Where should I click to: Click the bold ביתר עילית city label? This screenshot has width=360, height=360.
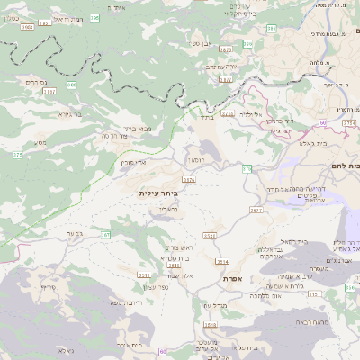pyautogui.click(x=158, y=193)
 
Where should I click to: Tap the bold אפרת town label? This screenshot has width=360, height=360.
pyautogui.click(x=236, y=279)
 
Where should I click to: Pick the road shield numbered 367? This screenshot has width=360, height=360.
pyautogui.click(x=105, y=235)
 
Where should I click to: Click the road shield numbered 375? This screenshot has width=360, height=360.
pyautogui.click(x=17, y=156)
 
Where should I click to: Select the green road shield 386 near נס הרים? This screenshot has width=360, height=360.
pyautogui.click(x=71, y=85)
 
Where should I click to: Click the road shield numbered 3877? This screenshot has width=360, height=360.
pyautogui.click(x=256, y=210)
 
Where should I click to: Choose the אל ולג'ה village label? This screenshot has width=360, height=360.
pyautogui.click(x=251, y=115)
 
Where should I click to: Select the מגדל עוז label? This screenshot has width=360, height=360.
pyautogui.click(x=211, y=307)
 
